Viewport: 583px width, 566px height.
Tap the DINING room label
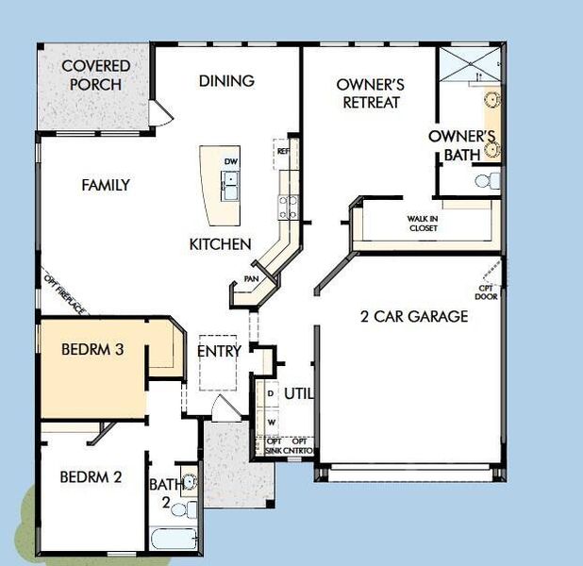(226, 81)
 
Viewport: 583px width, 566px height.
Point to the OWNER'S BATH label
(461, 144)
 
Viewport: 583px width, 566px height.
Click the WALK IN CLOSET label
(423, 223)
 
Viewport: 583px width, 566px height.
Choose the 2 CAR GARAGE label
(414, 317)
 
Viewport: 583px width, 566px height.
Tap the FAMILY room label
(105, 186)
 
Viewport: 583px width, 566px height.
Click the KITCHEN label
(220, 244)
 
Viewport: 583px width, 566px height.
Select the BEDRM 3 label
(92, 350)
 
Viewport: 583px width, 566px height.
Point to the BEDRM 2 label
(91, 477)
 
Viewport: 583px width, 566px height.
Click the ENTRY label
(219, 351)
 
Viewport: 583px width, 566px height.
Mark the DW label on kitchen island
(230, 162)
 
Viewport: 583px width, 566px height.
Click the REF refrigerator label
(280, 148)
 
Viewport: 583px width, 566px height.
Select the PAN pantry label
(251, 279)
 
